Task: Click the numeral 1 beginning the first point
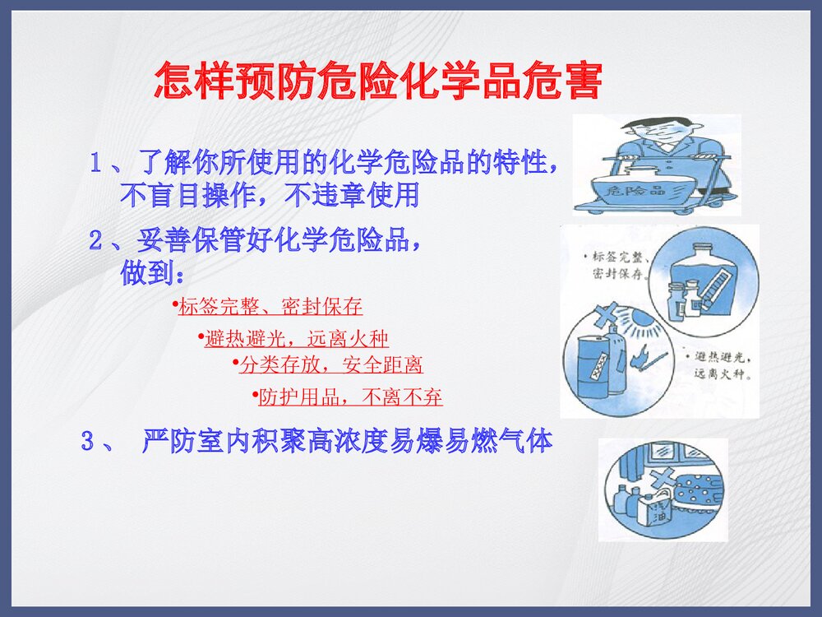pos(96,163)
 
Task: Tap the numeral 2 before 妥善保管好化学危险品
pos(96,242)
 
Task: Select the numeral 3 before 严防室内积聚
pos(87,442)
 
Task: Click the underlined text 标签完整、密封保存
pos(270,307)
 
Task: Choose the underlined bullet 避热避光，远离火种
pos(296,338)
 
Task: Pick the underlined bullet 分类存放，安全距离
pos(330,364)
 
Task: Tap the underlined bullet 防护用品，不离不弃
pos(350,398)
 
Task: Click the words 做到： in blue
pos(153,274)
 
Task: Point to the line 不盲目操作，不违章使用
pos(270,196)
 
